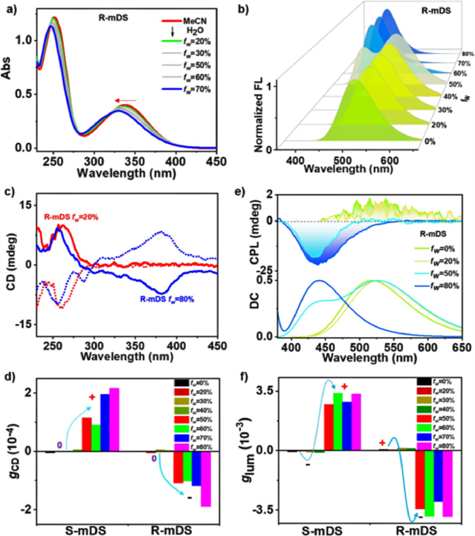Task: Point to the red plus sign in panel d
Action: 92,396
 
